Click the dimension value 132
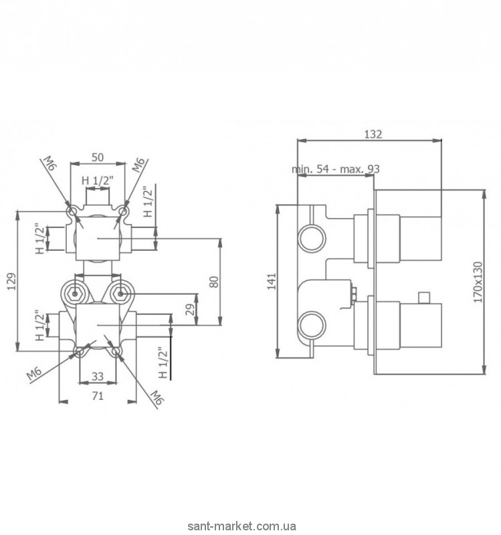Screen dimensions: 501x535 tap(373, 134)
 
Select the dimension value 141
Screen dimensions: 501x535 tap(272, 281)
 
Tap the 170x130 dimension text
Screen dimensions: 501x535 tap(478, 282)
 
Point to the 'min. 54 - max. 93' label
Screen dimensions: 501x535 tap(336, 169)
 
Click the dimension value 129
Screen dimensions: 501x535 tap(12, 281)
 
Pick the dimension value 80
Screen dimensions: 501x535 tap(214, 282)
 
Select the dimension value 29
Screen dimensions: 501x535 tap(191, 309)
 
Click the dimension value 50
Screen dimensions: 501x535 tap(98, 157)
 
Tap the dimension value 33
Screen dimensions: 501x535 tap(98, 377)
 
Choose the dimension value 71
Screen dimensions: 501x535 tap(98, 396)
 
